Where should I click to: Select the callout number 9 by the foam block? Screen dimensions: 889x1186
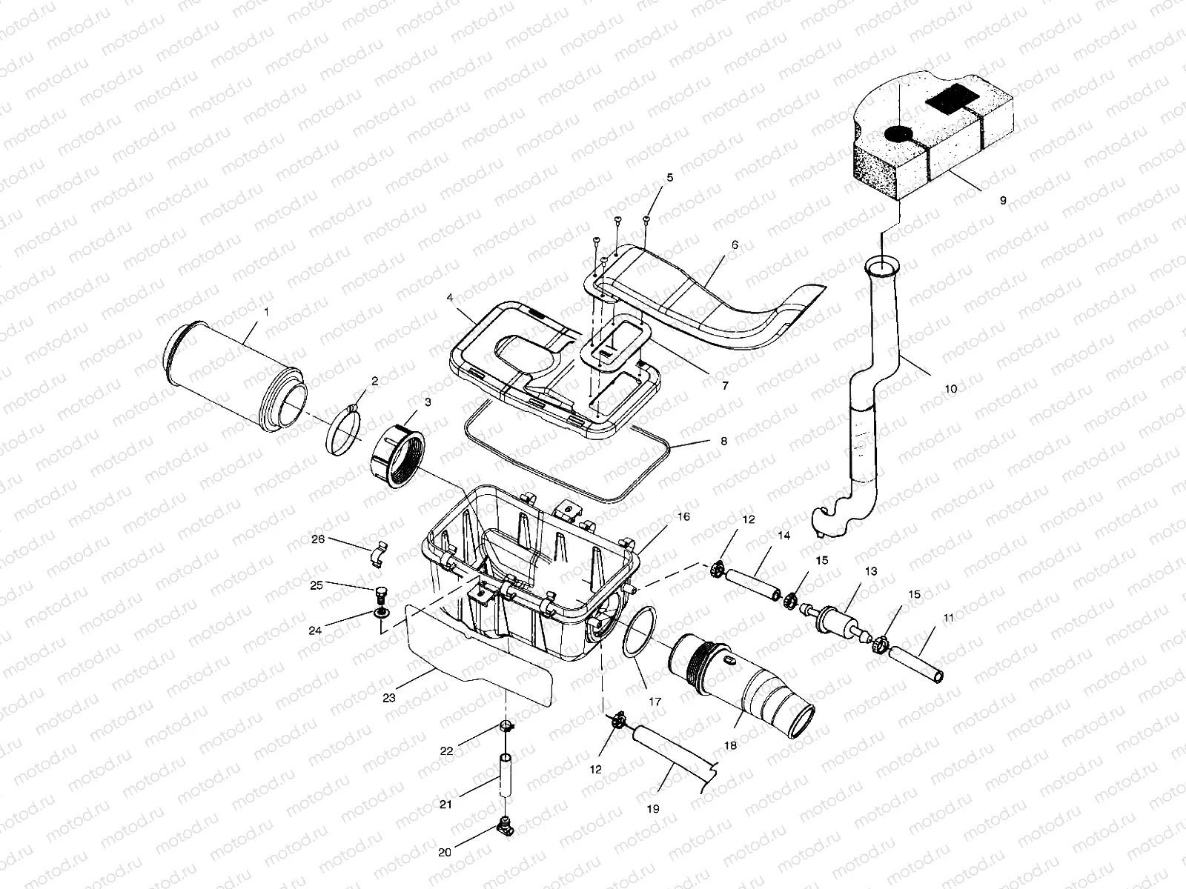pos(1003,200)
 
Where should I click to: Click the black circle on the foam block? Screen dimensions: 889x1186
pos(898,134)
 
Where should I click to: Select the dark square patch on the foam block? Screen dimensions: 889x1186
pos(955,98)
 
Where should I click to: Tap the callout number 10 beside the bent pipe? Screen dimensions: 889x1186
pos(951,388)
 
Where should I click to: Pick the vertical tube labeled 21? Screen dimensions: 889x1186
pos(506,786)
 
